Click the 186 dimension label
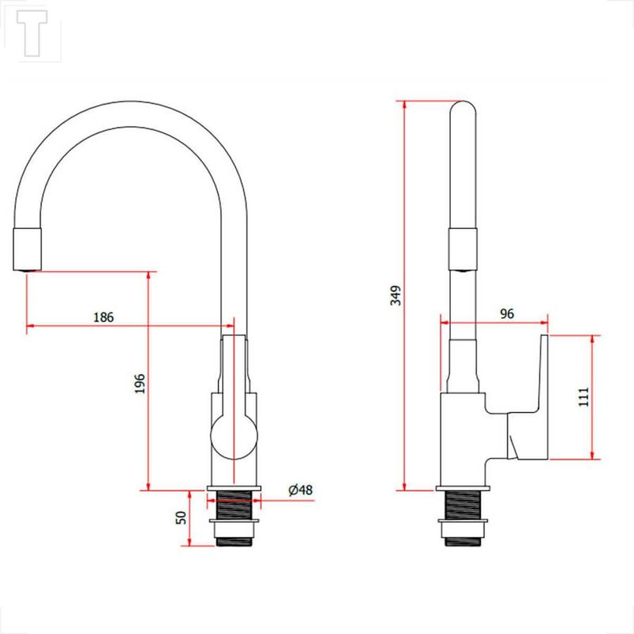point(104,318)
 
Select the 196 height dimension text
point(140,384)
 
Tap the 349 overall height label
point(395,296)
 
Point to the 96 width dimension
point(507,313)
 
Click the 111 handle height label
point(584,397)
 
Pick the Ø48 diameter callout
point(300,490)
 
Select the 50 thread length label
point(181,518)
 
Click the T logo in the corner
point(32,33)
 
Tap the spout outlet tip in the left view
point(28,270)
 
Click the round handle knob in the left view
point(234,437)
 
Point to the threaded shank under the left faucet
point(234,505)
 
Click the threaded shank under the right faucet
point(463,505)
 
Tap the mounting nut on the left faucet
point(234,529)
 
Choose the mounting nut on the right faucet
point(463,529)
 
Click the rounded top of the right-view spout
point(463,106)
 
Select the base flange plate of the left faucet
point(234,488)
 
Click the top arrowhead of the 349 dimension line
point(404,105)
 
